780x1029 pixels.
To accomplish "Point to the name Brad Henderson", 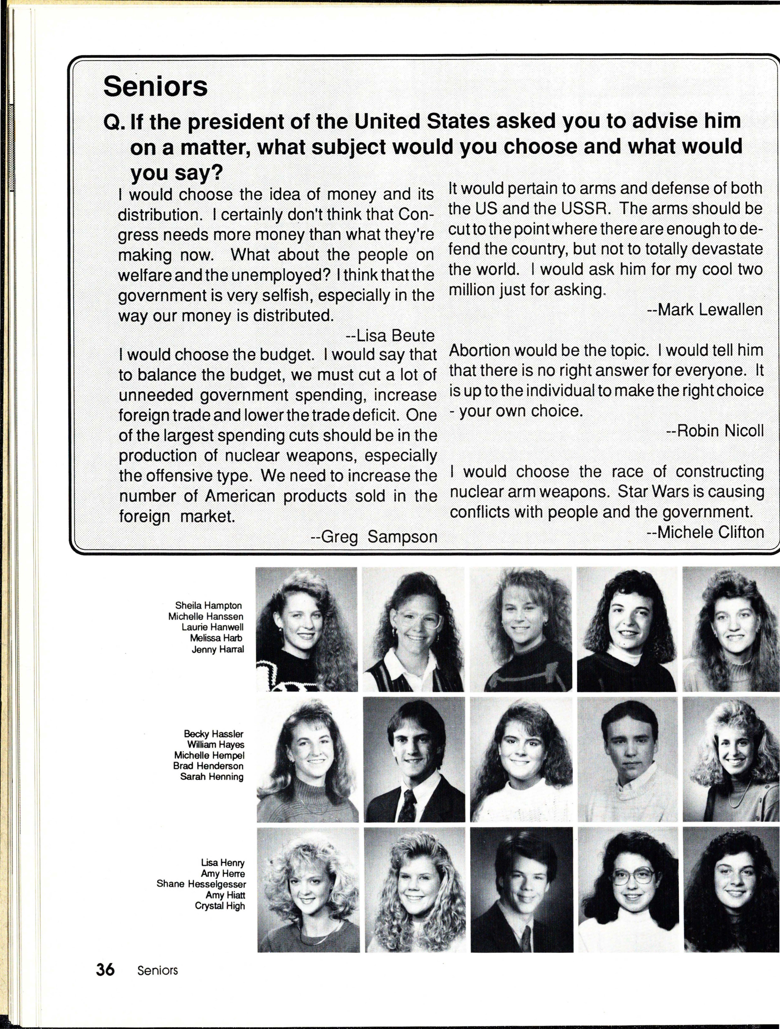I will click(x=208, y=766).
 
